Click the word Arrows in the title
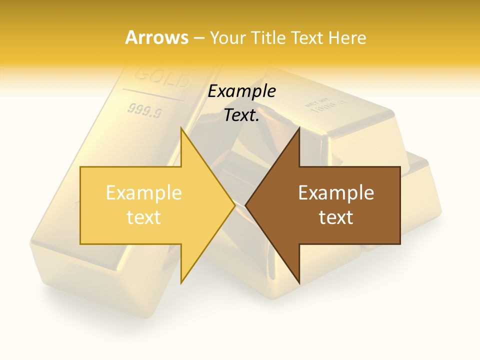[157, 37]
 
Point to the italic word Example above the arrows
[242, 91]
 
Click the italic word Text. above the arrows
[242, 115]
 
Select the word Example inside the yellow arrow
[143, 193]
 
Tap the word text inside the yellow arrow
[143, 217]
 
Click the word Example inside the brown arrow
[336, 193]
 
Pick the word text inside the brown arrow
[336, 217]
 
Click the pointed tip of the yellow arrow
[234, 205]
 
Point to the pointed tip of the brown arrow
[246, 205]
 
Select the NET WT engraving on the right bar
[317, 103]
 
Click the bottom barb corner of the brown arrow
[299, 283]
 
